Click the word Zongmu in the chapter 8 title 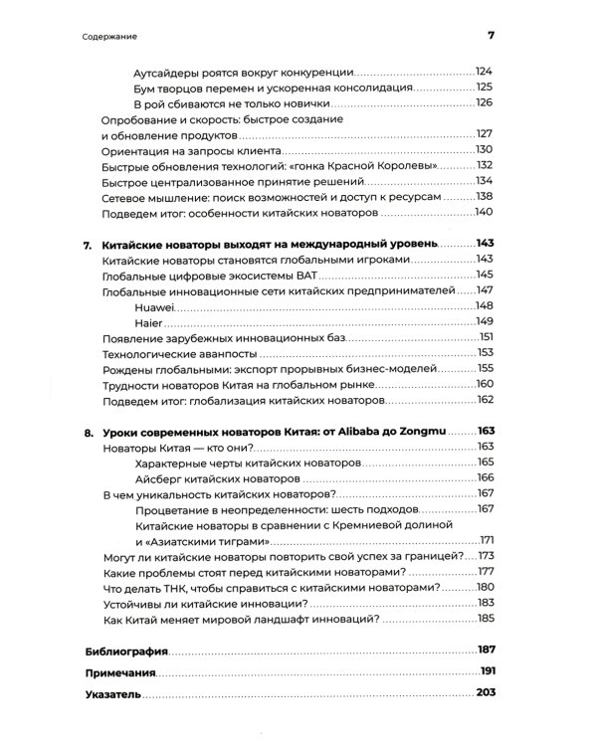click(x=421, y=431)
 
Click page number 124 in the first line click(x=486, y=72)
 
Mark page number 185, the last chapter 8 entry click(x=486, y=619)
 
